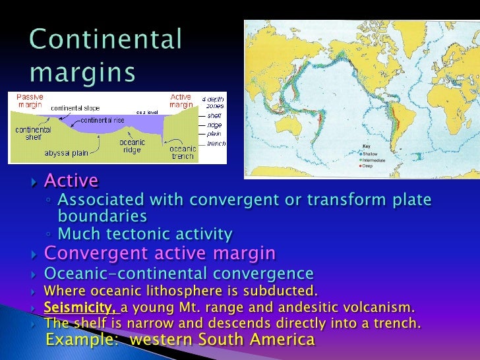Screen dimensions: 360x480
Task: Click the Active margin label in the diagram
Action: click(x=182, y=100)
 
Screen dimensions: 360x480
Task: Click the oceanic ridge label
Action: click(x=132, y=145)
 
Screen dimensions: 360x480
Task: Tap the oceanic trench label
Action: click(x=183, y=152)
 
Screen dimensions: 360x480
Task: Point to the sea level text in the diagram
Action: click(x=145, y=113)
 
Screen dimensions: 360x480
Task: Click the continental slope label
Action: click(x=76, y=107)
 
